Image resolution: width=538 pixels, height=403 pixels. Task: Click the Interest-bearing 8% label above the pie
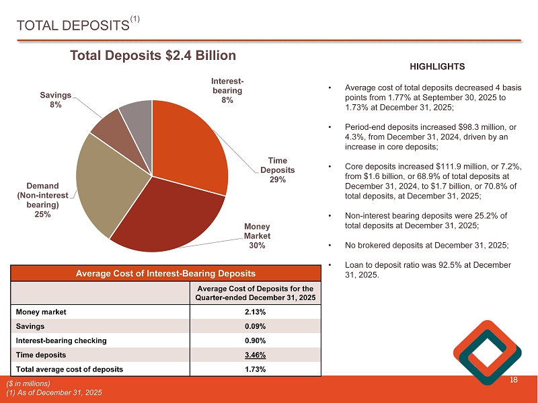point(227,90)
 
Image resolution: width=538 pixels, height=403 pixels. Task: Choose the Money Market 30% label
point(256,236)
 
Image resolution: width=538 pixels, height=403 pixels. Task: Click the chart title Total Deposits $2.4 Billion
point(153,56)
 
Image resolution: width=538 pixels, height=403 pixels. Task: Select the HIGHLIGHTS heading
point(437,67)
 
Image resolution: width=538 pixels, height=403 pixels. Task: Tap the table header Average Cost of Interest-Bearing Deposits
point(165,273)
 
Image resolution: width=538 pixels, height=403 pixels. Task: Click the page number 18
point(514,381)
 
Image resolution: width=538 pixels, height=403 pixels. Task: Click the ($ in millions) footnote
point(29,383)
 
